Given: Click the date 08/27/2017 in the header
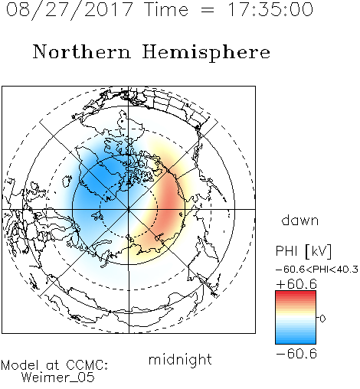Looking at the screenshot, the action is coord(70,10).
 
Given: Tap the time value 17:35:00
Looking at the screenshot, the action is coord(270,9).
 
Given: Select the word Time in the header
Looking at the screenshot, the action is coord(166,9).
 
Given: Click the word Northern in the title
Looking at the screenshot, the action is coord(82,51).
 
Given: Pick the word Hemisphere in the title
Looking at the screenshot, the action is coord(206,53).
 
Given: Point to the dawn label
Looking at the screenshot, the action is coord(300,220).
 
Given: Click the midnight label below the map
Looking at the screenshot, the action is coord(180,359).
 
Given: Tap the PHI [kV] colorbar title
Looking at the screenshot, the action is coord(303,251).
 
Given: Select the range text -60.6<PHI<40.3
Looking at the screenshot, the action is coord(317,270).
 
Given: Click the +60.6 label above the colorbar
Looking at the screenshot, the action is coord(296,284).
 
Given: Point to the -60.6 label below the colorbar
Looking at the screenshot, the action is coord(296,354).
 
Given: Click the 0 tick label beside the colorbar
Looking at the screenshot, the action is coord(322,319).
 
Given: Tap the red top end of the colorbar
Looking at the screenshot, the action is coord(296,293).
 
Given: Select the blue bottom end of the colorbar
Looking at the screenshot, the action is coord(296,341).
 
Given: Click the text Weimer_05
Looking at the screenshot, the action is coord(57,378).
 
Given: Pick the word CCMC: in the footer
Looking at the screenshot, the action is coord(87,365).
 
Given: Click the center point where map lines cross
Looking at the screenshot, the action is coord(129,209).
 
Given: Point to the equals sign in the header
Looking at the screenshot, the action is coord(208,10).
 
